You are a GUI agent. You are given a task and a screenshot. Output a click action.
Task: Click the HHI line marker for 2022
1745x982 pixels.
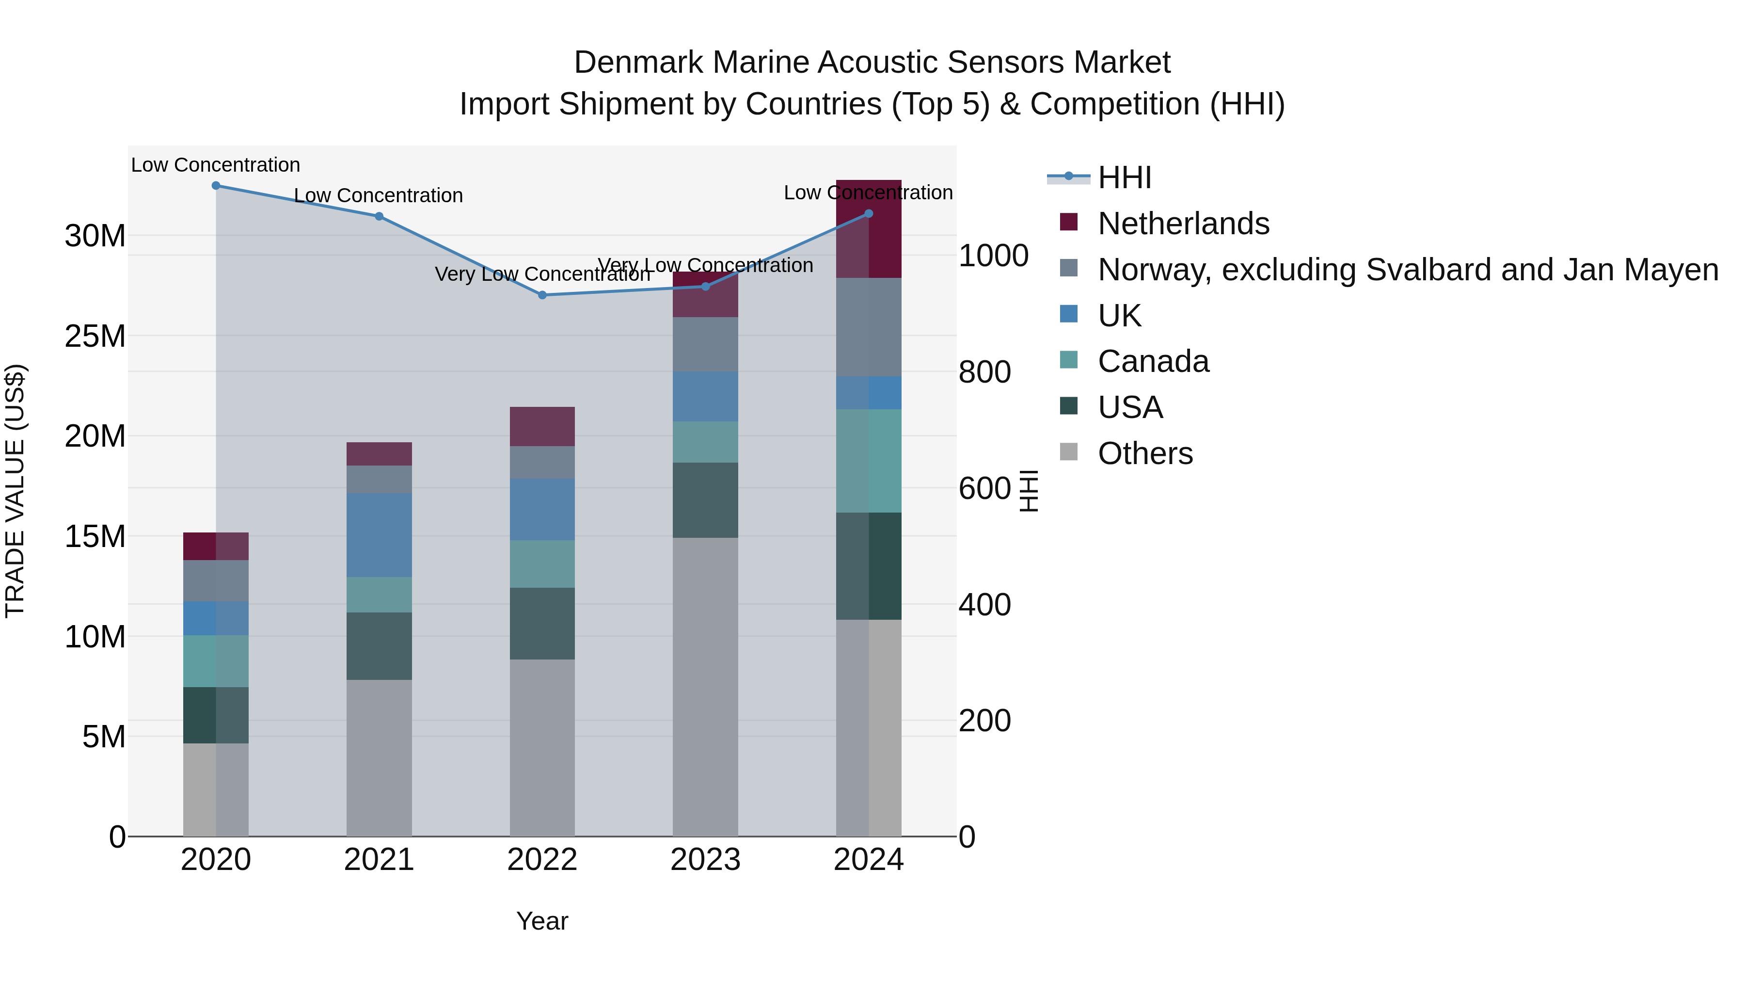click(542, 295)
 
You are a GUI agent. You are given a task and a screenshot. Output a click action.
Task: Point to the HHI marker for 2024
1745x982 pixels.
click(869, 213)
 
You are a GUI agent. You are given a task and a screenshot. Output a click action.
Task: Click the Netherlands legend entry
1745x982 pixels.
click(1183, 224)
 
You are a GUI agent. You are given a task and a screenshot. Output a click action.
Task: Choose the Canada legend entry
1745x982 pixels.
click(1153, 361)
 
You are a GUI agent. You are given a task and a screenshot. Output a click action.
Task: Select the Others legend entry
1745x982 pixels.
click(1145, 453)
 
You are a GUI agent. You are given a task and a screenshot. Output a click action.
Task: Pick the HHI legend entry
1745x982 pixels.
click(1125, 177)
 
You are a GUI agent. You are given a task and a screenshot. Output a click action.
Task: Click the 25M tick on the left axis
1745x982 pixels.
click(95, 336)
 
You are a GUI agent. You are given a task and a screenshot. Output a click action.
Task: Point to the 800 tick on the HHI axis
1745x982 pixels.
click(984, 372)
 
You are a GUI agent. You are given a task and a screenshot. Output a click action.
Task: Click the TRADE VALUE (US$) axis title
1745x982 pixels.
click(15, 491)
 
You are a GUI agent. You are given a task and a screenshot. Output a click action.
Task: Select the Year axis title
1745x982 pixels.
click(542, 921)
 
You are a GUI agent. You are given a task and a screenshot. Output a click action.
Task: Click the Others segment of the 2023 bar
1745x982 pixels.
click(705, 686)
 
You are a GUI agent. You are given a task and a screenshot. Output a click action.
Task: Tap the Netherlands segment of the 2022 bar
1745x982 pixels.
click(542, 426)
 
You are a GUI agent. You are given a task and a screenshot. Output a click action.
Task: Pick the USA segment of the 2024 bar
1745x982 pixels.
click(869, 566)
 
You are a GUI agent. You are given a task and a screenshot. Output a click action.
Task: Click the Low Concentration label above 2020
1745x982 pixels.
click(215, 165)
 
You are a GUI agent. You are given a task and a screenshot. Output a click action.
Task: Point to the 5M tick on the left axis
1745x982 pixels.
click(104, 737)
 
